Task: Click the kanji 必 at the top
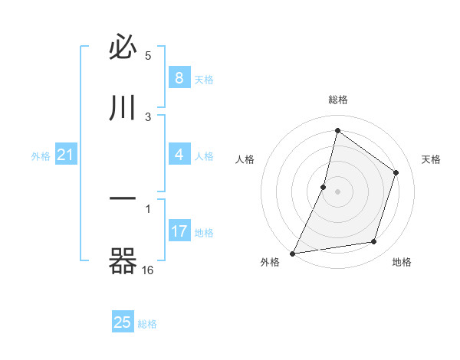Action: point(123,49)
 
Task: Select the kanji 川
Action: point(123,108)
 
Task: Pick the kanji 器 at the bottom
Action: point(123,262)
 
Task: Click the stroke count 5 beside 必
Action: point(149,56)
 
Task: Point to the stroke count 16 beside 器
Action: point(148,270)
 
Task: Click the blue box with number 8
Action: point(179,77)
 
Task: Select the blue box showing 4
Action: point(179,155)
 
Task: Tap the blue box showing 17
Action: point(179,231)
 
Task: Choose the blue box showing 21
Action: point(66,155)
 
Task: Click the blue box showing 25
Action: point(123,322)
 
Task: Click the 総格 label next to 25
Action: point(147,324)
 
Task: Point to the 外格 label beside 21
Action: point(41,156)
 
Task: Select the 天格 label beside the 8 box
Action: point(203,79)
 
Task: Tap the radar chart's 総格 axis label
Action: point(338,100)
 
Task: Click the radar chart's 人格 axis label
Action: point(245,159)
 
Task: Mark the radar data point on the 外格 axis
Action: point(292,254)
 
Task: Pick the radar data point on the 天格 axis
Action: point(396,172)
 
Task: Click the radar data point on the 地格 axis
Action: point(374,242)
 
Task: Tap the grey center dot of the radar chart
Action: point(338,191)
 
